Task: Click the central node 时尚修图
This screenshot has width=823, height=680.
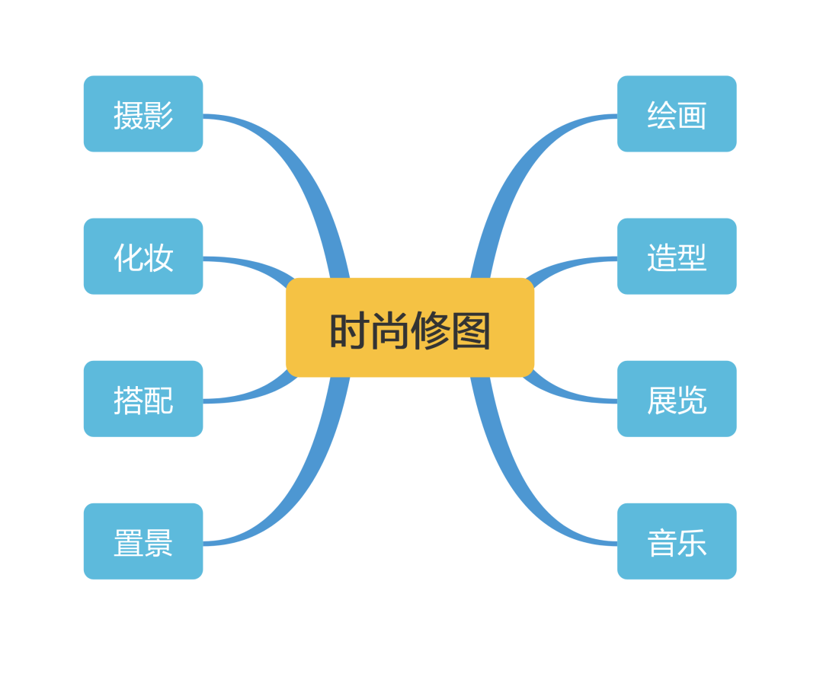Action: (410, 327)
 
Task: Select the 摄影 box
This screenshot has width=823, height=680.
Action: (143, 114)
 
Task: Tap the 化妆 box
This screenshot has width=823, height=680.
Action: (143, 257)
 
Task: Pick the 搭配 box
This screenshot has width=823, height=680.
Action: (143, 399)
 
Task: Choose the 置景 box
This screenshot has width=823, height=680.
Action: (143, 541)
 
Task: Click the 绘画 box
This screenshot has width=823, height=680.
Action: (677, 114)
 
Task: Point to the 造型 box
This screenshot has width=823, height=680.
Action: (677, 257)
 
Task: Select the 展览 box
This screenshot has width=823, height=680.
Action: (677, 399)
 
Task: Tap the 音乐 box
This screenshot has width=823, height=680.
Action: (677, 541)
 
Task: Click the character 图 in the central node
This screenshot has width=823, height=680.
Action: (470, 331)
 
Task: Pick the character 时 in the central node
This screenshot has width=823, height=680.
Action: (350, 331)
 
